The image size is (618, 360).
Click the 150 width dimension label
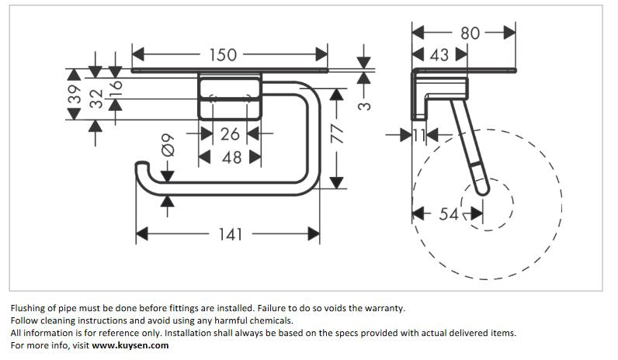click(x=223, y=55)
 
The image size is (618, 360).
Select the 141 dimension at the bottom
click(x=230, y=234)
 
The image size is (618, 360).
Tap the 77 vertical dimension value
click(x=336, y=135)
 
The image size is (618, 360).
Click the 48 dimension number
click(x=230, y=158)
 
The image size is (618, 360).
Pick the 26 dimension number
click(x=230, y=134)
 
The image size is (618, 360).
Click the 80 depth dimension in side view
click(x=470, y=33)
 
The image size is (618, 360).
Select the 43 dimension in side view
click(x=439, y=55)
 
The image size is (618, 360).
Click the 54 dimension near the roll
click(x=449, y=214)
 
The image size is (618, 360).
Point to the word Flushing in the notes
click(x=29, y=308)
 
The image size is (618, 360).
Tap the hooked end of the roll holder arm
click(x=142, y=168)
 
